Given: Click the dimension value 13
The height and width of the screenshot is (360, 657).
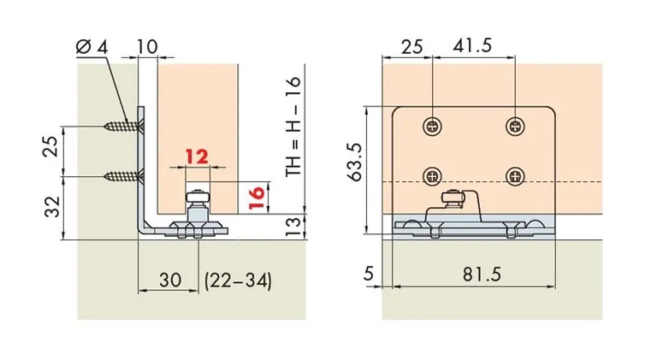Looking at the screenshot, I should [293, 225].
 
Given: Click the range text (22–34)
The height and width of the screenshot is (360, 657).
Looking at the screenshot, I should [236, 280].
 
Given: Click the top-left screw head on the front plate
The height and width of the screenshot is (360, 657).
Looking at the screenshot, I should [433, 125].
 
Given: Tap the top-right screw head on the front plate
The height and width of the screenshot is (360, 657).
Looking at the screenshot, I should [516, 125].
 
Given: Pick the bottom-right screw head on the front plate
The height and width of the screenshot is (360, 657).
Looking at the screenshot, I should [516, 175].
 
